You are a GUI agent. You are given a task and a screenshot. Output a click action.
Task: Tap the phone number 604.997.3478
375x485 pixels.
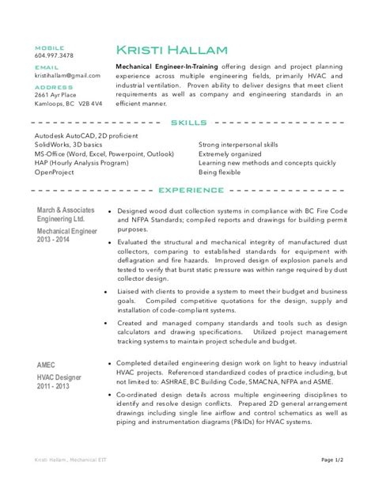pyautogui.click(x=54, y=55)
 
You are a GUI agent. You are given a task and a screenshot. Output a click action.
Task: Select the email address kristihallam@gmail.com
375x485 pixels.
pyautogui.click(x=67, y=75)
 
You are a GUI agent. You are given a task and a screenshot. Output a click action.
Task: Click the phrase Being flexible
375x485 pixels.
pyautogui.click(x=219, y=171)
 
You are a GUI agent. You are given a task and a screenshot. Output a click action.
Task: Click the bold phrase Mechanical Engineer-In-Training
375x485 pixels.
pyautogui.click(x=167, y=66)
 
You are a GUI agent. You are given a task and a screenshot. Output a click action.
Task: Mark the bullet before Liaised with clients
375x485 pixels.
pyautogui.click(x=107, y=292)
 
